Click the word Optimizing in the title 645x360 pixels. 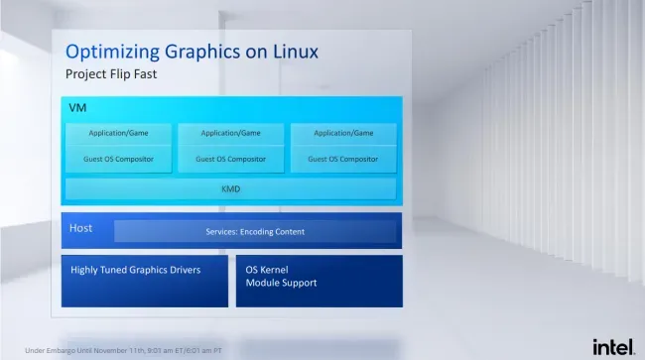click(x=113, y=53)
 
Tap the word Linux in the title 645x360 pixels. click(x=296, y=52)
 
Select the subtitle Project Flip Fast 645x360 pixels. click(x=111, y=74)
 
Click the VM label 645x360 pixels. click(x=77, y=108)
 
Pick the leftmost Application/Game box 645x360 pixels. click(x=118, y=134)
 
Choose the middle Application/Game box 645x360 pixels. click(x=231, y=134)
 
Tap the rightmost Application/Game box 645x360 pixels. click(x=343, y=134)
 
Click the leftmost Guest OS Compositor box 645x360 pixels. click(x=118, y=159)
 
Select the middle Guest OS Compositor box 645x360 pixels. click(x=231, y=159)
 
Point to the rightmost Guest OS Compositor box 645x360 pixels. click(x=343, y=159)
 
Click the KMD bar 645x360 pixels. click(x=231, y=189)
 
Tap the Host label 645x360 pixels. click(x=80, y=228)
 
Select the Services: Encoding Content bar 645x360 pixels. click(x=255, y=231)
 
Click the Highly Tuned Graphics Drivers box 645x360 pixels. click(x=145, y=281)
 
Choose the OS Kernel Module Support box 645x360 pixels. click(x=320, y=281)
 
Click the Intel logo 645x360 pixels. click(x=613, y=347)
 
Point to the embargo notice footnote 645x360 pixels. click(x=123, y=350)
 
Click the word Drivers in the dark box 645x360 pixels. click(x=185, y=270)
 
